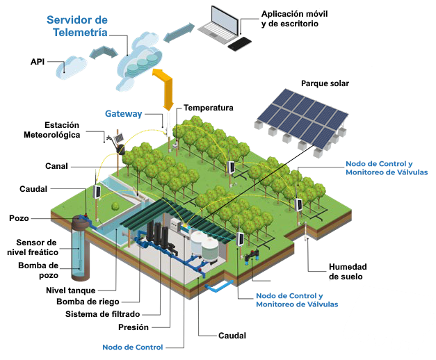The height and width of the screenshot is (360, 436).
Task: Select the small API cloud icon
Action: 73,65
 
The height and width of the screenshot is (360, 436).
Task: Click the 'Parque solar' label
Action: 325,83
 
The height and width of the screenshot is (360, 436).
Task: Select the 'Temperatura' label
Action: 208,108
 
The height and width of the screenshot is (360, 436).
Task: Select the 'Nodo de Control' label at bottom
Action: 132,347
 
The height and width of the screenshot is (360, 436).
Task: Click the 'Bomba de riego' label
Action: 88,302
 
